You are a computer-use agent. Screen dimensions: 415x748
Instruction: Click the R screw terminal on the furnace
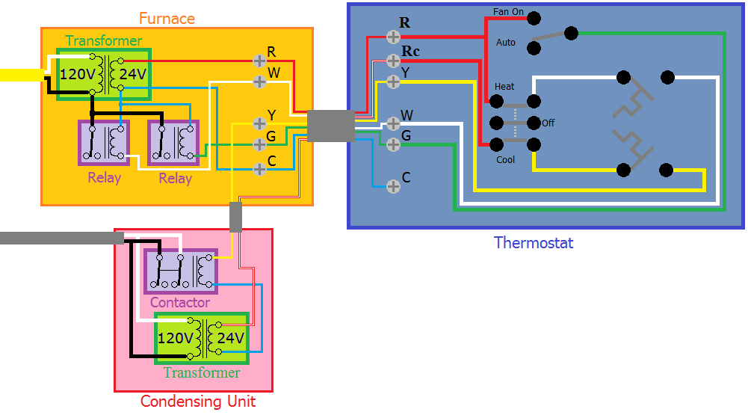pyautogui.click(x=259, y=60)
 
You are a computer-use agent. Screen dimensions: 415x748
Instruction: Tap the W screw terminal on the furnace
pyautogui.click(x=259, y=79)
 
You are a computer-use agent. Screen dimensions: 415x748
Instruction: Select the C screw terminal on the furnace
pyautogui.click(x=259, y=168)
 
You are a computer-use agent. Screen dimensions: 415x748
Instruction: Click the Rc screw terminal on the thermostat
pyautogui.click(x=394, y=60)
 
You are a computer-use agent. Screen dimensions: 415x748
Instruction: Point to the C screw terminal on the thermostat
pyautogui.click(x=393, y=185)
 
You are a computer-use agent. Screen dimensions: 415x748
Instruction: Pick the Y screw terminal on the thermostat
pyautogui.click(x=394, y=80)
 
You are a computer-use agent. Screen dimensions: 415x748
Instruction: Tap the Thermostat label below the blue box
pyautogui.click(x=534, y=243)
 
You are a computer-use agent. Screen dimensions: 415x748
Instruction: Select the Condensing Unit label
pyautogui.click(x=198, y=402)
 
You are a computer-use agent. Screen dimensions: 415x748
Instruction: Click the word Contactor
pyautogui.click(x=180, y=303)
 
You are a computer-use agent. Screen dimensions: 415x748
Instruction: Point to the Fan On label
pyautogui.click(x=509, y=12)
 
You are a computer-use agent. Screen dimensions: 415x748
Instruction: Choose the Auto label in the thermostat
pyautogui.click(x=506, y=43)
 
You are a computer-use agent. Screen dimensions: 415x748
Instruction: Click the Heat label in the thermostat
pyautogui.click(x=504, y=87)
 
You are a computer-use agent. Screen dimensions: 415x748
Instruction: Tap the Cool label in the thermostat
pyautogui.click(x=506, y=160)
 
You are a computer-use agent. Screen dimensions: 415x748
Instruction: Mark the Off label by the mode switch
pyautogui.click(x=548, y=123)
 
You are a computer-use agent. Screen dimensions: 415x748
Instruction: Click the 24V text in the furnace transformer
pyautogui.click(x=133, y=74)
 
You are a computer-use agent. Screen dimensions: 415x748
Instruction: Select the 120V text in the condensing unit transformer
pyautogui.click(x=176, y=339)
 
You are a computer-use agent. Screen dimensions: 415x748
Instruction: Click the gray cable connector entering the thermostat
pyautogui.click(x=330, y=126)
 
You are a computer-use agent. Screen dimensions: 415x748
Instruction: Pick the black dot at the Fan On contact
pyautogui.click(x=533, y=16)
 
